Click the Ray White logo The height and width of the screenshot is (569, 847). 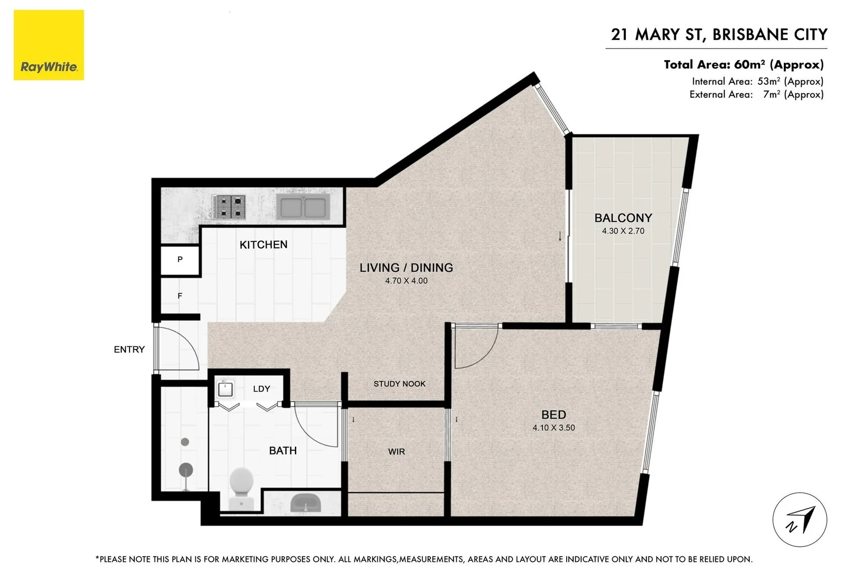[x=48, y=45]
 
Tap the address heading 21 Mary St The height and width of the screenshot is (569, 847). [x=718, y=35]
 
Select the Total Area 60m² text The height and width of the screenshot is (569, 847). [x=743, y=65]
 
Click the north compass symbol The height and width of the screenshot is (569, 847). [x=800, y=519]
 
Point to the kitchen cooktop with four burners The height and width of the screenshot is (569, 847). [x=230, y=207]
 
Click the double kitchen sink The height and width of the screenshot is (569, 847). [x=303, y=207]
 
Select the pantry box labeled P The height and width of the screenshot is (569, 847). [x=180, y=260]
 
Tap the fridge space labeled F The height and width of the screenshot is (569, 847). [x=180, y=296]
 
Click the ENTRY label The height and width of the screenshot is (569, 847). [x=129, y=349]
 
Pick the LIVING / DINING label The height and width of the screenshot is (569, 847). [x=406, y=268]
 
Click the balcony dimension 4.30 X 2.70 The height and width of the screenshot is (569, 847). [x=623, y=231]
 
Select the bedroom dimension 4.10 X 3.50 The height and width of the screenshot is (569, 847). [x=554, y=428]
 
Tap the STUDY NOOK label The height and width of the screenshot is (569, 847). [x=399, y=384]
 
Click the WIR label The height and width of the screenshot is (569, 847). [x=397, y=452]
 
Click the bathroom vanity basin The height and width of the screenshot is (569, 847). [x=306, y=503]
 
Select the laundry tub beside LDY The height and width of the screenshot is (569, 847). [x=225, y=389]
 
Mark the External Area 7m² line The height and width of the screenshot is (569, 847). [x=756, y=94]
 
